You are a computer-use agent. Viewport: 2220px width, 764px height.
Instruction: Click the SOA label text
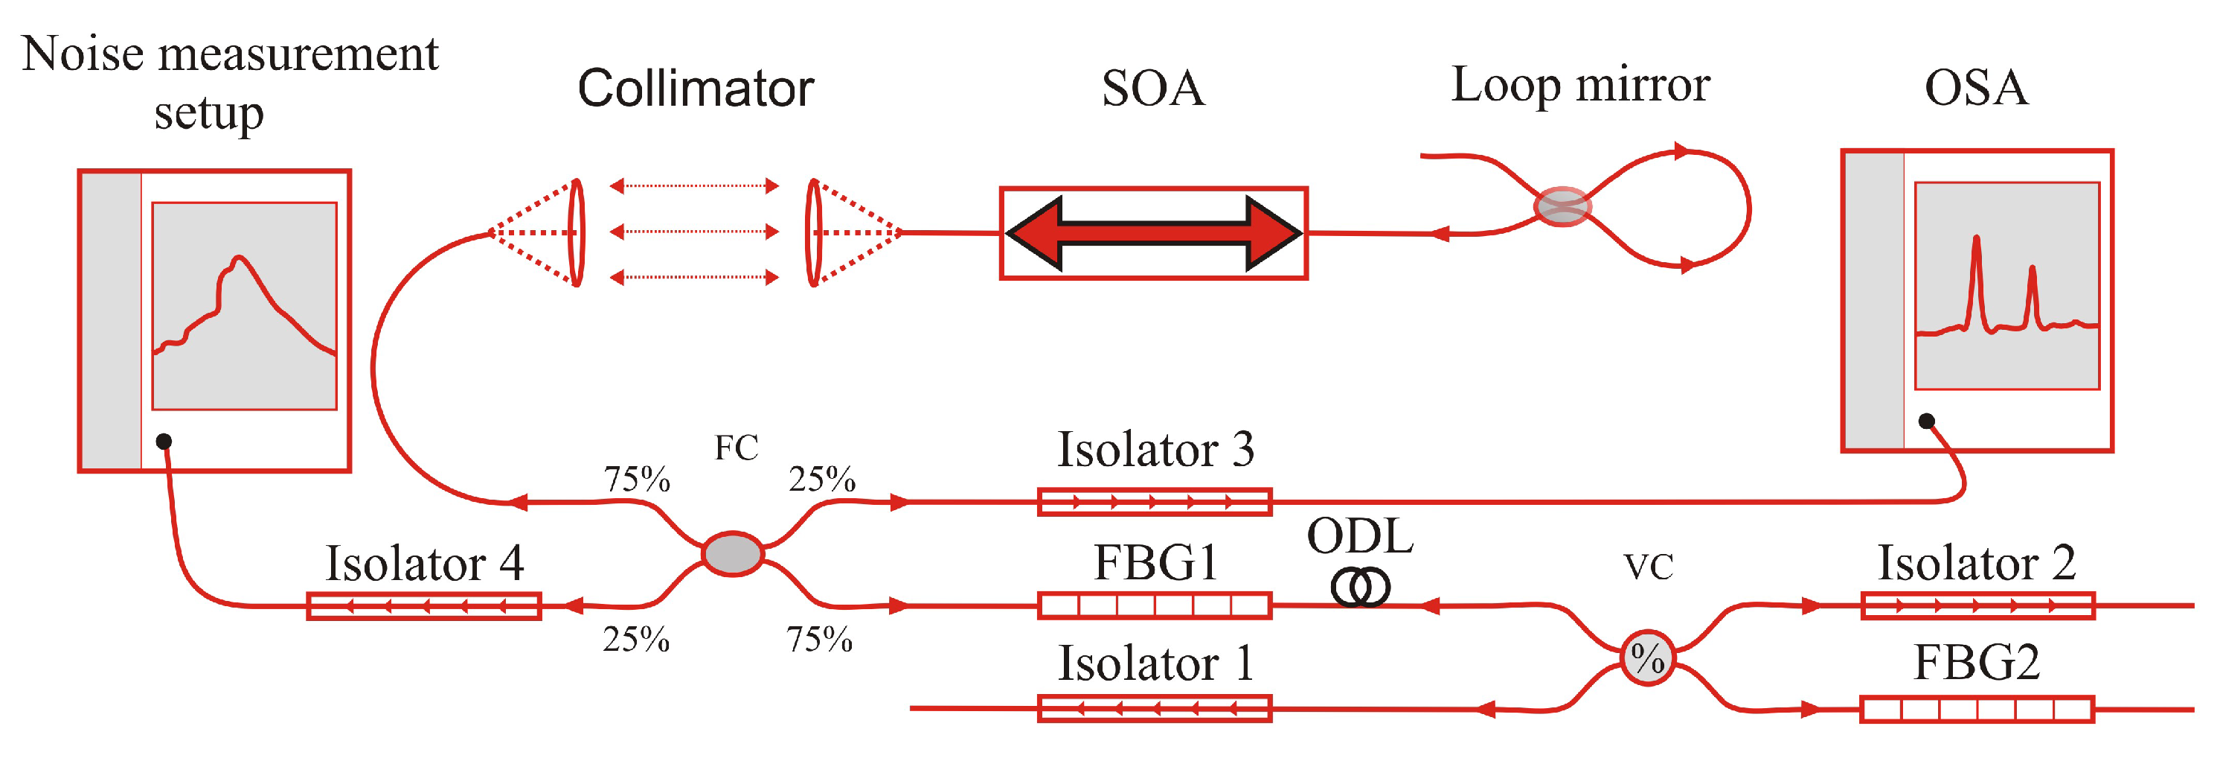point(1152,88)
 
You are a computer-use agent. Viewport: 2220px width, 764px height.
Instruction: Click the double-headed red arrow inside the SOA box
point(1153,233)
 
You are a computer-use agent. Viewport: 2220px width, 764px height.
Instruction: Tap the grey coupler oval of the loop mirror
point(1562,207)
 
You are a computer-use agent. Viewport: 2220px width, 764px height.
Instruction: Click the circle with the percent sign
point(1647,658)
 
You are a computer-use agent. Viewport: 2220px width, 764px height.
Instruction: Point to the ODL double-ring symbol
point(1360,588)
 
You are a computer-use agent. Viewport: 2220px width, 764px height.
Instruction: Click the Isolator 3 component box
point(1154,502)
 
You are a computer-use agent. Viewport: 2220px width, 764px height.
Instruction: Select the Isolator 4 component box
point(424,606)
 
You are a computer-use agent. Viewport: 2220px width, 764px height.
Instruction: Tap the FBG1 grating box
point(1154,605)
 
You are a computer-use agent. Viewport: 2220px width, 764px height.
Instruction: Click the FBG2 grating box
point(1977,710)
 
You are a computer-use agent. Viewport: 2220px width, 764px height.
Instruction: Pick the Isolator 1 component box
point(1154,709)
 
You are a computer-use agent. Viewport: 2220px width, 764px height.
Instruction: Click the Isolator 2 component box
point(1977,605)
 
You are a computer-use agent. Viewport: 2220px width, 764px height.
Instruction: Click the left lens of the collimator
point(577,232)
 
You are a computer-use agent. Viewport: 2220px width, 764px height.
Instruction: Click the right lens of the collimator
point(812,232)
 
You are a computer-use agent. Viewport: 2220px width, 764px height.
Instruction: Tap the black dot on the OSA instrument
point(1926,421)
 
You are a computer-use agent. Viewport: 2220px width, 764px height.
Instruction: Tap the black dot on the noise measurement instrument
point(164,442)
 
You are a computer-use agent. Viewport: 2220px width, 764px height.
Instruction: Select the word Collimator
point(696,88)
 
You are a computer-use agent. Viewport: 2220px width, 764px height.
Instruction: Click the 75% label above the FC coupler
point(637,480)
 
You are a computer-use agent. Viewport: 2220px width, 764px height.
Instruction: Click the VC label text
point(1648,567)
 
